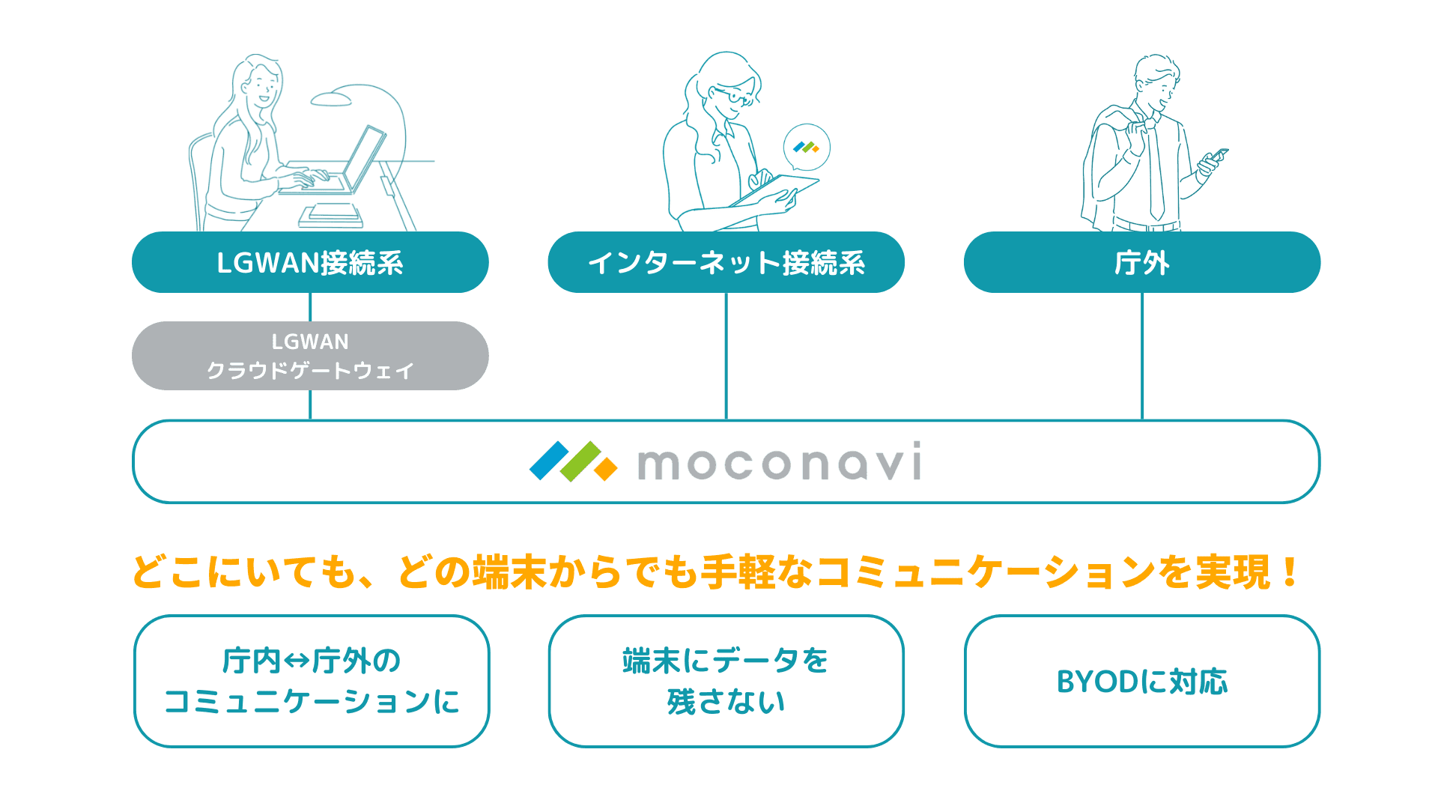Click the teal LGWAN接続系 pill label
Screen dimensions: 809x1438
pos(310,262)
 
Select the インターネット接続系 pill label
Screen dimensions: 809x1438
pos(726,262)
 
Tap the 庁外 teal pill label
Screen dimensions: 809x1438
pos(1141,262)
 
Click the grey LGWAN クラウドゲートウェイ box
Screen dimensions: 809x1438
pos(310,356)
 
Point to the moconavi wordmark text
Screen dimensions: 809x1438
pos(779,462)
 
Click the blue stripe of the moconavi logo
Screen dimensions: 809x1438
pos(549,460)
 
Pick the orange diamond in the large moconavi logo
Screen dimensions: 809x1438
pos(605,469)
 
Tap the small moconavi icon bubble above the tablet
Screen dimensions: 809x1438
pos(807,148)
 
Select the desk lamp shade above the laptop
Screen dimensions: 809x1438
pos(331,100)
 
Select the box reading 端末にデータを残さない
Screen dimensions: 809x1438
pos(726,681)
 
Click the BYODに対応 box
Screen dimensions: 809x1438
pos(1141,681)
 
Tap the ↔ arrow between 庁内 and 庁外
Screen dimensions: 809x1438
pos(297,661)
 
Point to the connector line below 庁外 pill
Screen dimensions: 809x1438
pos(1141,356)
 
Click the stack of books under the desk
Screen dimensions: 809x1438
pos(331,216)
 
